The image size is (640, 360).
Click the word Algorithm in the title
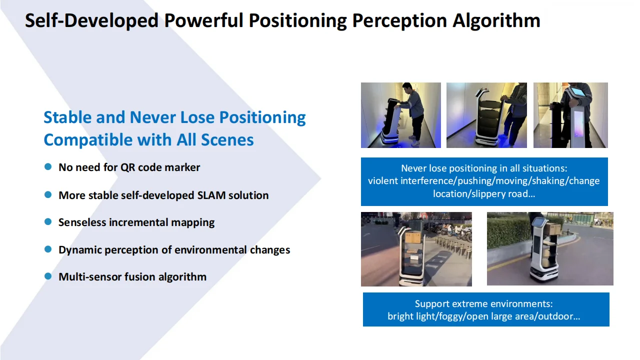click(496, 21)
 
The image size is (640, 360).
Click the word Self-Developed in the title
click(91, 21)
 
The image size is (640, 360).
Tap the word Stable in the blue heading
click(67, 117)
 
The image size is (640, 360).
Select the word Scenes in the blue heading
click(227, 140)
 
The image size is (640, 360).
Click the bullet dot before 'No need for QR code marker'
click(48, 167)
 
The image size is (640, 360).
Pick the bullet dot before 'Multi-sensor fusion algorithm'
click(48, 276)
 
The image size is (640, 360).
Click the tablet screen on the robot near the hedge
click(537, 221)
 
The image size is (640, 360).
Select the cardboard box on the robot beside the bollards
click(413, 237)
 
